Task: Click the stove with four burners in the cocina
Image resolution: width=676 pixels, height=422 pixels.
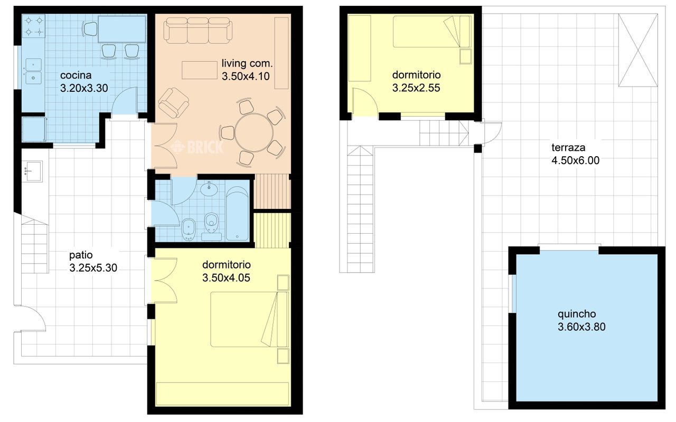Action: click(33, 26)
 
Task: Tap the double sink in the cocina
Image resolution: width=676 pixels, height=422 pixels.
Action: click(33, 71)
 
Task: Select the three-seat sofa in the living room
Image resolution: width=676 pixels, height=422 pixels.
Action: click(198, 30)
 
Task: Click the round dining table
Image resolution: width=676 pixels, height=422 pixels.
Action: click(254, 132)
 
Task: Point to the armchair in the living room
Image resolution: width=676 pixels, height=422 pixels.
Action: click(174, 103)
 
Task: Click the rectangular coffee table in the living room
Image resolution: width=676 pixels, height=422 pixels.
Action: click(200, 70)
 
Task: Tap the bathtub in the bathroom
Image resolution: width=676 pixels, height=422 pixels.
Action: click(237, 214)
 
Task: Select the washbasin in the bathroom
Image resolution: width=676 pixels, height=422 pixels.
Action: click(209, 189)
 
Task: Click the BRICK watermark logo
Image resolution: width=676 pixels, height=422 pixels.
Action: click(197, 147)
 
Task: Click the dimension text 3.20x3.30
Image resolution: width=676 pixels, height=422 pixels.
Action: click(84, 88)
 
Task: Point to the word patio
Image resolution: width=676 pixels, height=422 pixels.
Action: click(81, 255)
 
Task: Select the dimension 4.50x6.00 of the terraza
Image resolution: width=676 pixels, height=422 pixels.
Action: click(575, 160)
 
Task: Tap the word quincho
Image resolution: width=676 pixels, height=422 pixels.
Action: click(576, 314)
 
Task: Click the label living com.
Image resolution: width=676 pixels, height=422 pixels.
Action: click(247, 64)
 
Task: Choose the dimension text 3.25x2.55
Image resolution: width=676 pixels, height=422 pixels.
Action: click(416, 88)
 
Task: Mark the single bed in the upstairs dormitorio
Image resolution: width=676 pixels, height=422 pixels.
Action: click(432, 31)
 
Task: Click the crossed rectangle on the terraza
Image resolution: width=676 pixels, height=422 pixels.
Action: click(638, 50)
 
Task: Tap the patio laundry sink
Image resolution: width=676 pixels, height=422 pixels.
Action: click(34, 171)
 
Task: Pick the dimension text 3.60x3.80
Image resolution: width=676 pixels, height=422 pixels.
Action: click(581, 327)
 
